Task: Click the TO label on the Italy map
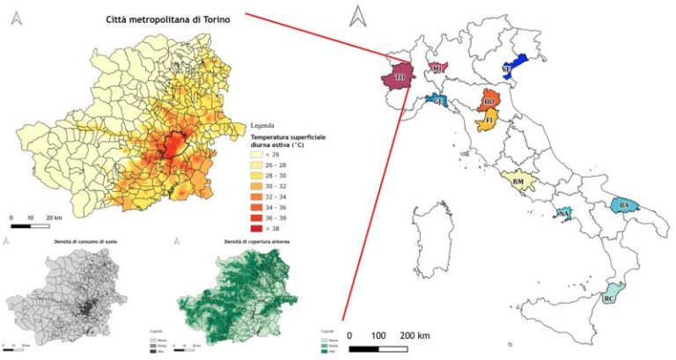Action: click(x=400, y=78)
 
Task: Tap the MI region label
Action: click(x=437, y=68)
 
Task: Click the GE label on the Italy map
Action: click(x=437, y=102)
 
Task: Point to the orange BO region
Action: click(x=489, y=99)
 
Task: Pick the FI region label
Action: click(x=488, y=121)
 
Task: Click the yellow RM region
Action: click(x=518, y=182)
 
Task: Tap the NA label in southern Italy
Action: click(x=563, y=214)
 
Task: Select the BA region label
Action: click(x=624, y=206)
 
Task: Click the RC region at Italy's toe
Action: click(x=609, y=298)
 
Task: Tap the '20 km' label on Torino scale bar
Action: click(x=53, y=217)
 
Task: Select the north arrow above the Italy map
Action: click(x=357, y=16)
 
